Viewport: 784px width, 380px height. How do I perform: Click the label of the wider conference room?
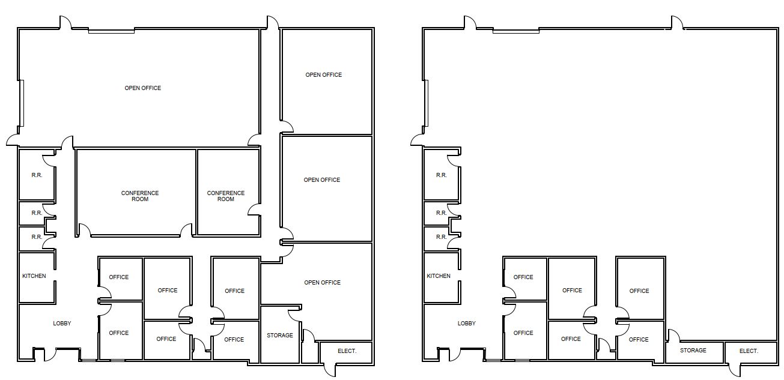(140, 196)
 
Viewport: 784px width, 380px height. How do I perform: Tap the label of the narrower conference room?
(226, 196)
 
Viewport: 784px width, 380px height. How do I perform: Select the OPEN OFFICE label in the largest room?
(143, 88)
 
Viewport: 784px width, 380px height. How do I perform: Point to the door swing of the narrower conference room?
(253, 208)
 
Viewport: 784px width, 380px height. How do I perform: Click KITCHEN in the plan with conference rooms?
(34, 276)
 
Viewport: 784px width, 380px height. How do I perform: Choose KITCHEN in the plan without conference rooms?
(439, 276)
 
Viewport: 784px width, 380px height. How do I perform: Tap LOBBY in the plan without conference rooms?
(467, 324)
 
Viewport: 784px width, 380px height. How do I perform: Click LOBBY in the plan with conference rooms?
(62, 324)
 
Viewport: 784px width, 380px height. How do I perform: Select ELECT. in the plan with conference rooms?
(347, 351)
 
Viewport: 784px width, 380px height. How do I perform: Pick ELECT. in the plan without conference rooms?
(749, 351)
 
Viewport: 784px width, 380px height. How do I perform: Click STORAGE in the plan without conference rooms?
(693, 351)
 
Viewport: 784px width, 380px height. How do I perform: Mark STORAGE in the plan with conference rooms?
(279, 335)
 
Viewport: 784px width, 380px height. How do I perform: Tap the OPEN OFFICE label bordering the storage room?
(323, 283)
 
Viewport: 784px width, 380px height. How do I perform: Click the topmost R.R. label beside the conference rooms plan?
(37, 175)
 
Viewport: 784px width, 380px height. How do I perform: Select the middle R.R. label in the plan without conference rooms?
(442, 213)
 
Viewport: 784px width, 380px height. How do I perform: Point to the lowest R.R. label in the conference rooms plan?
(37, 237)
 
